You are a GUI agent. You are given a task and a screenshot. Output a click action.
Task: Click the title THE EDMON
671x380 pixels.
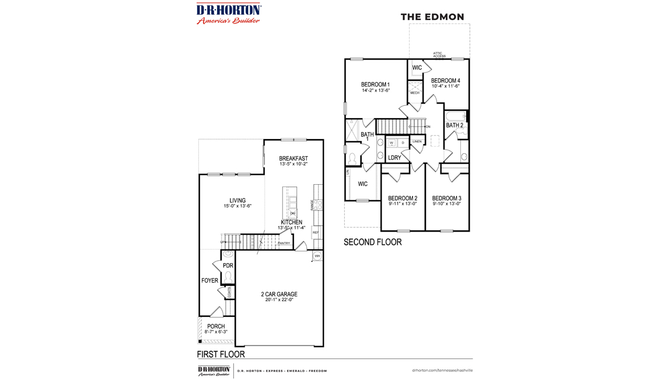(432, 17)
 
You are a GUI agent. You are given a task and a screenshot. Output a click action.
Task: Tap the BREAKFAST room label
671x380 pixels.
(293, 158)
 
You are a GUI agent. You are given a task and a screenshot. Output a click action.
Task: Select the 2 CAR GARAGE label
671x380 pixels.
(279, 294)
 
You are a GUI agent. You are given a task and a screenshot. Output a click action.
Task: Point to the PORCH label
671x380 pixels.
(216, 326)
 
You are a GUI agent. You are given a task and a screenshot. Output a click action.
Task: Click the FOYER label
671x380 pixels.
(209, 281)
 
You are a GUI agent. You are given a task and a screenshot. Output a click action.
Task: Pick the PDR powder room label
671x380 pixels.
(228, 265)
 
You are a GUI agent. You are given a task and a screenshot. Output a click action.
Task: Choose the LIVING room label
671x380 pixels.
(237, 201)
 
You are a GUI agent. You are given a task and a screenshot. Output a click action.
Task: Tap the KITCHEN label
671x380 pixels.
(292, 222)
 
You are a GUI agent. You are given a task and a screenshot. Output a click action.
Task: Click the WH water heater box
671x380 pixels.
(317, 256)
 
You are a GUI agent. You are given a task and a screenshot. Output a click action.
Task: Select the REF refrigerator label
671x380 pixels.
(316, 233)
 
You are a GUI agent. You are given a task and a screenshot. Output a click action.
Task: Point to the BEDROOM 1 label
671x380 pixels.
(375, 85)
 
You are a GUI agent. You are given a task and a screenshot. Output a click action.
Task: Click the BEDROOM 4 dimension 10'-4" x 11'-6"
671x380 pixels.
(446, 87)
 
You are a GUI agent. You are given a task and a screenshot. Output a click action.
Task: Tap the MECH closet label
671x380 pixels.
(415, 93)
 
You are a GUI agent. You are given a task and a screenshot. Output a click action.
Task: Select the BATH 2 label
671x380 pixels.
(455, 125)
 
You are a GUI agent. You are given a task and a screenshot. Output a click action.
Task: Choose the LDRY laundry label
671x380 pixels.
(394, 158)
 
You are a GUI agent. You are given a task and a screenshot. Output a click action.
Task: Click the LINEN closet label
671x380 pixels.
(417, 141)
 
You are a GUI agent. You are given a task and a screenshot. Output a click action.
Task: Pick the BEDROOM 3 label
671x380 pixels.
(447, 198)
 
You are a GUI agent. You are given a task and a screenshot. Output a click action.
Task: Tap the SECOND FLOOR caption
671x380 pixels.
(372, 242)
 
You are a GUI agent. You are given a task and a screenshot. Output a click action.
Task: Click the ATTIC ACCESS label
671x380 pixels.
(439, 55)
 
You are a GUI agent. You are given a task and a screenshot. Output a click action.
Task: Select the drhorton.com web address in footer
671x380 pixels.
(442, 370)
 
